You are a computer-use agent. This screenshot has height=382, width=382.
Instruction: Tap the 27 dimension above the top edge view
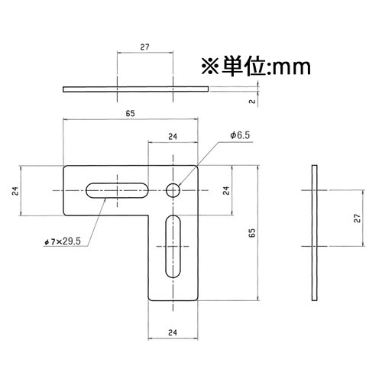click(x=145, y=47)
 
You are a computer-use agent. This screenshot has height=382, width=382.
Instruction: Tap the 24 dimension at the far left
click(x=15, y=190)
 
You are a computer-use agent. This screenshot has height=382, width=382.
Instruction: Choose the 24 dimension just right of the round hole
click(x=225, y=190)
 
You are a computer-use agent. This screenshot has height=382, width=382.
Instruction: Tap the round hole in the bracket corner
click(x=174, y=189)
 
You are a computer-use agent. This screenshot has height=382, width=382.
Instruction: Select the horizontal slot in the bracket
click(x=118, y=189)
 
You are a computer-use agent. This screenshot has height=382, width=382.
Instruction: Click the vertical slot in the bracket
click(x=173, y=246)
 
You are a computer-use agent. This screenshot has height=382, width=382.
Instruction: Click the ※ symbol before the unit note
click(x=209, y=68)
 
